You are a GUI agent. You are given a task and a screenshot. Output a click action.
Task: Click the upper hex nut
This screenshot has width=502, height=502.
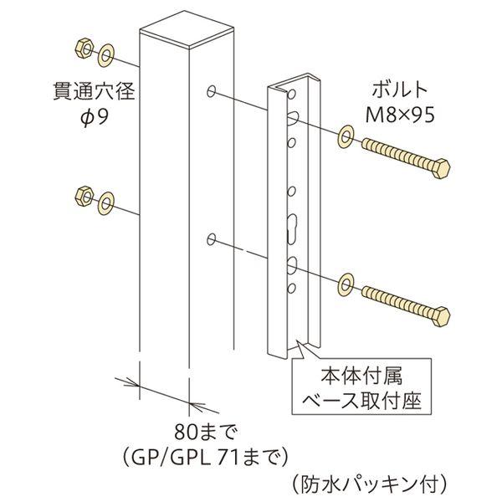pos(85,49)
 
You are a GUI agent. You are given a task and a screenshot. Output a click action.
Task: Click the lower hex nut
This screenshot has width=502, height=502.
pos(85,195)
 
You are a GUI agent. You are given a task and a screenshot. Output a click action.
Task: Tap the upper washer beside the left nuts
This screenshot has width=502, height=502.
pos(106,56)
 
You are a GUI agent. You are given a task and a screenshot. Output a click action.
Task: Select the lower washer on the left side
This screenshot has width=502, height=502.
pos(106,202)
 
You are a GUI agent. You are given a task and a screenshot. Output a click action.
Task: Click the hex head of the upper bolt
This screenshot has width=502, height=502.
pos(441,168)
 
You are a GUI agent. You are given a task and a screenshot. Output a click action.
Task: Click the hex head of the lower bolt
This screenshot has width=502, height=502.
pos(441,316)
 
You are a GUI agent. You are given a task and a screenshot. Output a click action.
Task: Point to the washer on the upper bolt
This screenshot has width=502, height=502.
pos(345,137)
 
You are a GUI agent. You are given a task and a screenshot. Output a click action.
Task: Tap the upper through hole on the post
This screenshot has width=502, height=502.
pos(211,91)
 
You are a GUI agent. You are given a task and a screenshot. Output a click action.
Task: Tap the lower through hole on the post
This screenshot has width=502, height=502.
pos(211,239)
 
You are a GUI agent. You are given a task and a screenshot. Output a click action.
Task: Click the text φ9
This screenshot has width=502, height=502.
pos(95,117)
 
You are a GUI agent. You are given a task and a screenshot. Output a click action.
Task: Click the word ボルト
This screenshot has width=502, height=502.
pos(400,90)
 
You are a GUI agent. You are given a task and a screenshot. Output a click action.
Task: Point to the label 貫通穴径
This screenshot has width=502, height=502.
pos(94,91)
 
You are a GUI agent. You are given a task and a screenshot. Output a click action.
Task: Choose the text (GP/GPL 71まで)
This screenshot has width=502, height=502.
pos(205,458)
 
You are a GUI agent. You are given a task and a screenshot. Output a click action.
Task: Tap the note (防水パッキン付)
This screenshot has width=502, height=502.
pos(369,485)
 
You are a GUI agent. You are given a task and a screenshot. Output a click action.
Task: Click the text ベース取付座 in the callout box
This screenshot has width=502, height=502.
pos(362,400)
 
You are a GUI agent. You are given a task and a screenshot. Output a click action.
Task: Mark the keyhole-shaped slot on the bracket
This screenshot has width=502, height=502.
pos(292,228)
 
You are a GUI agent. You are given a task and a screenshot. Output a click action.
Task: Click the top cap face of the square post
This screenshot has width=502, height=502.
pos(187,29)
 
